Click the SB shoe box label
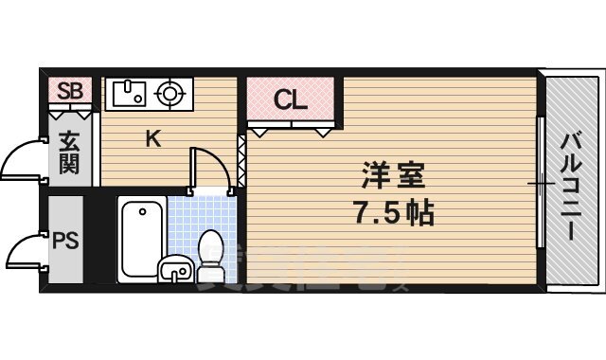pyautogui.click(x=70, y=92)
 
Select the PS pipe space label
pyautogui.click(x=65, y=239)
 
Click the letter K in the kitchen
pyautogui.click(x=152, y=139)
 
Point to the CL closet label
pyautogui.click(x=290, y=99)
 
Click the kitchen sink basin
pyautogui.click(x=128, y=94)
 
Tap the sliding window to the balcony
pyautogui.click(x=540, y=183)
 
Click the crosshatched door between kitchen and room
pyautogui.click(x=241, y=161)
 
